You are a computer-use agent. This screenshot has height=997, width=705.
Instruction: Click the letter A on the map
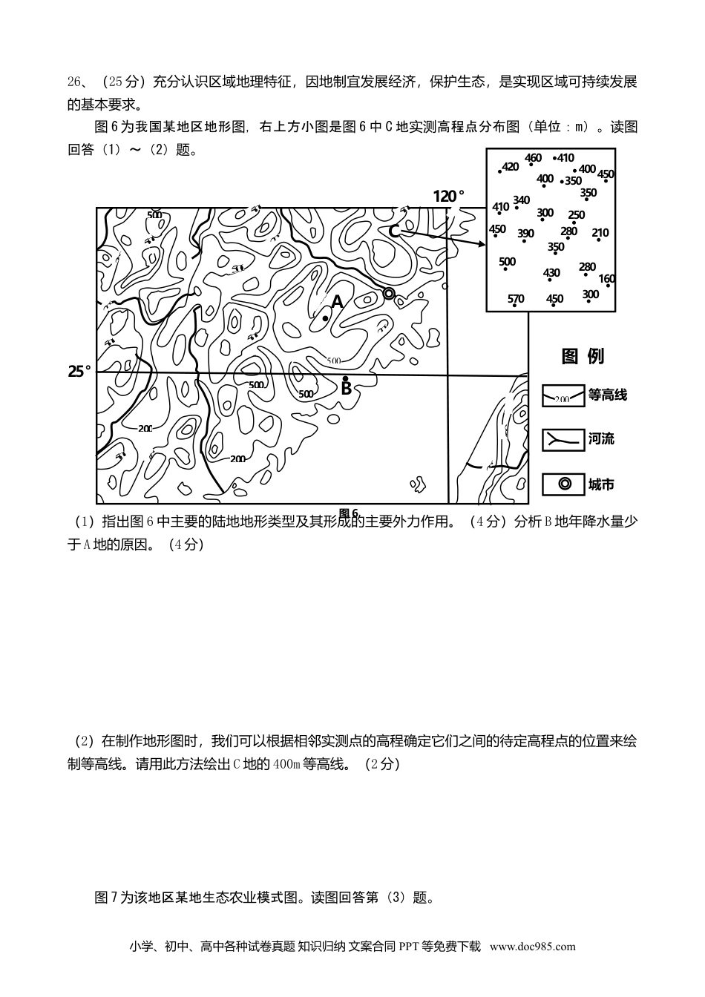point(338,302)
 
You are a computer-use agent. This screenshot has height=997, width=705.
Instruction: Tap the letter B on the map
point(346,388)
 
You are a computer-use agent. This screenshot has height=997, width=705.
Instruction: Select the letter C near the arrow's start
point(394,231)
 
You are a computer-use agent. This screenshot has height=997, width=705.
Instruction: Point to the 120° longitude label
point(449,196)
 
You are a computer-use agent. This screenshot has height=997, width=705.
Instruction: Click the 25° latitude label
point(79,371)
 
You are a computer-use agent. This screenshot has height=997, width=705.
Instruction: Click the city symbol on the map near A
point(389,294)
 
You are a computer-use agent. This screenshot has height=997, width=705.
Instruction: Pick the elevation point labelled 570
point(516,299)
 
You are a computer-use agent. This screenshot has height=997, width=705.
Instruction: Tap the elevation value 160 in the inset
point(606,280)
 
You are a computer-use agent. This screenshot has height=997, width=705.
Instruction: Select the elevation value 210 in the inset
point(600,233)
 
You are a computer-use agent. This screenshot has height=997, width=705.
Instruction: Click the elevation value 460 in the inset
point(533,158)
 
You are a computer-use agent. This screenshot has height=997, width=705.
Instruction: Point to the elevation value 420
point(511,167)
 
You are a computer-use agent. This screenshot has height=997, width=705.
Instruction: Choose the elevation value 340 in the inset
point(521,200)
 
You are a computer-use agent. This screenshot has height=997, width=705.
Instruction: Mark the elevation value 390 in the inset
point(525,234)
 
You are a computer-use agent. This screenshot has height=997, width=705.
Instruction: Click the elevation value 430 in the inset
point(551,273)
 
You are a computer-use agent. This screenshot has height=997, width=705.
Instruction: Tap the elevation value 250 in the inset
point(576,215)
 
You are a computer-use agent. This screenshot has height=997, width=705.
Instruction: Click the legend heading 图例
point(583,356)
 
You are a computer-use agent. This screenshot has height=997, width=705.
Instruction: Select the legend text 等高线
point(608,395)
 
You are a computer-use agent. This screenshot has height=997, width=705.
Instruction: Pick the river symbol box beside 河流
point(563,439)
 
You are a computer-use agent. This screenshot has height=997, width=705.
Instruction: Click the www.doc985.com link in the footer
point(532,946)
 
